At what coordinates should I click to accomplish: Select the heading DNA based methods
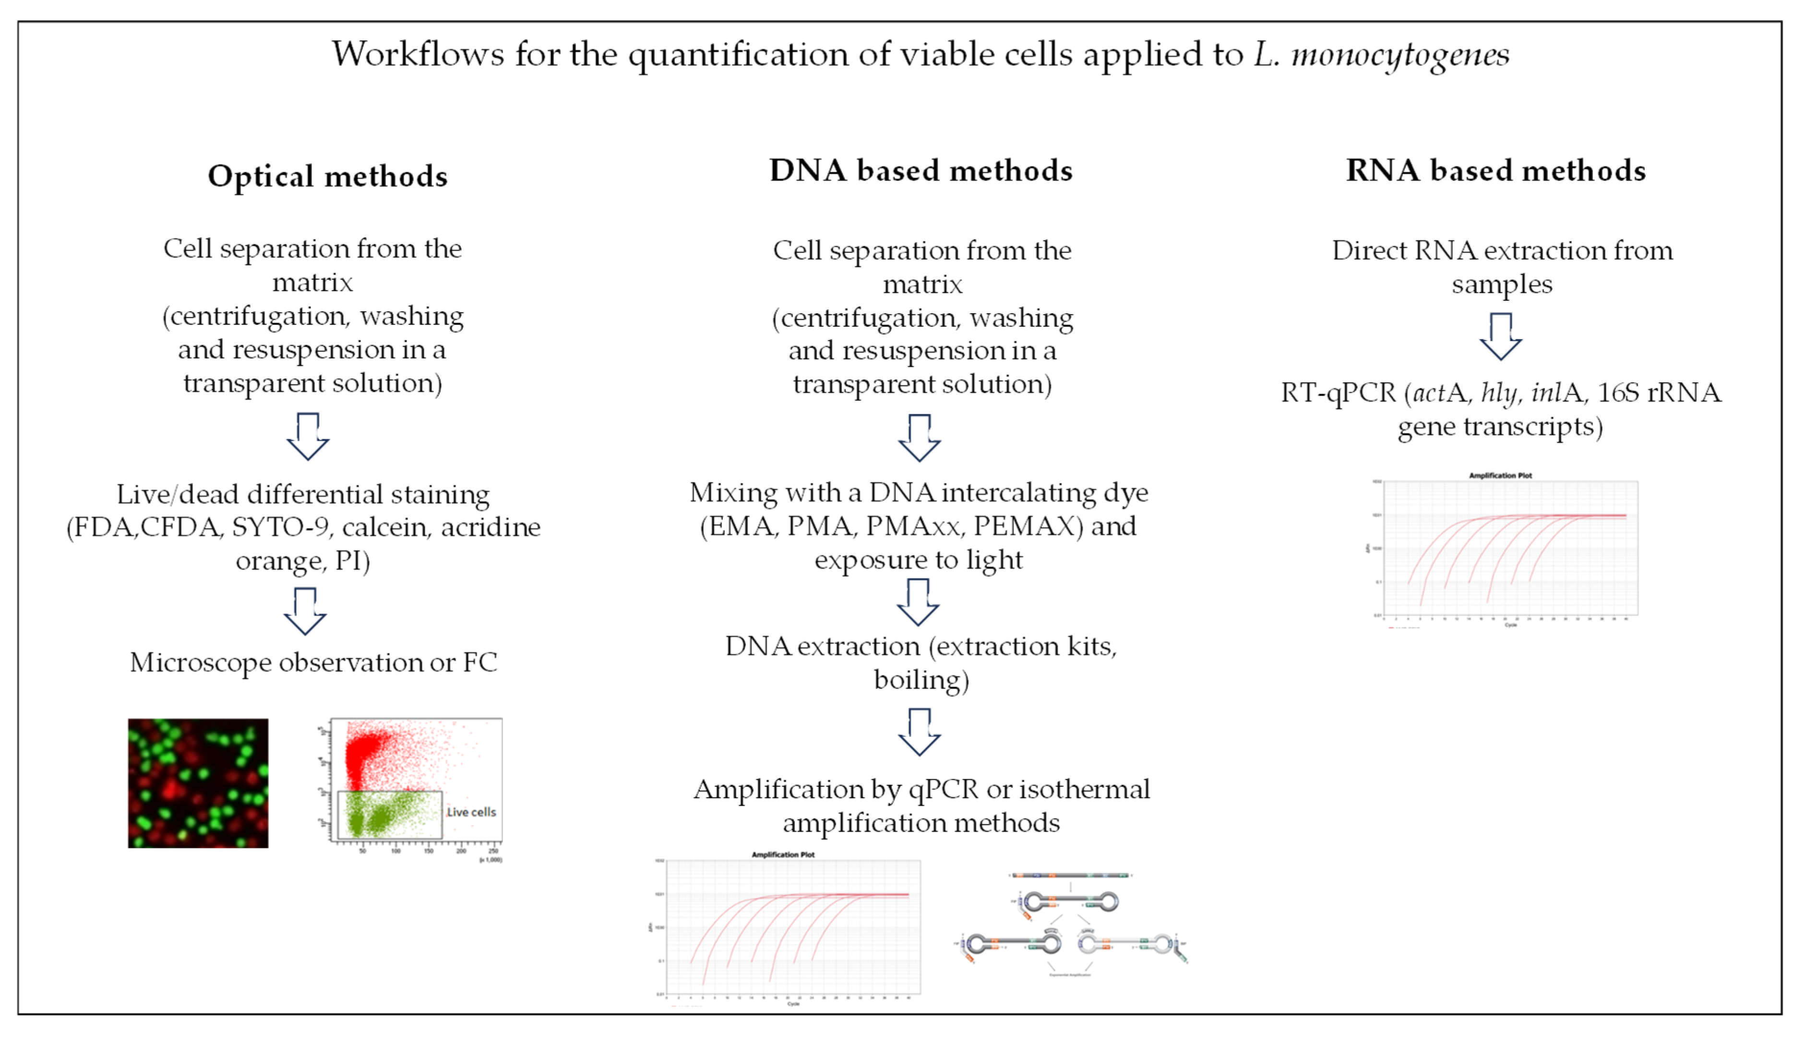coord(921,171)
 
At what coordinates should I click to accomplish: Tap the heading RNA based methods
coord(1496,171)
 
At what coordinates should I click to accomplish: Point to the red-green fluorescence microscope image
coord(198,783)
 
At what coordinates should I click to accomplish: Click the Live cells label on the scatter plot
coord(471,812)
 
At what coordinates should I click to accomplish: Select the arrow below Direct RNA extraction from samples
coord(1500,336)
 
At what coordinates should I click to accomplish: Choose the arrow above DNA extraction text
coord(918,602)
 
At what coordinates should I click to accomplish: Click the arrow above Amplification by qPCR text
coord(920,732)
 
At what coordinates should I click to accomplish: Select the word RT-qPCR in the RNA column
coord(1338,393)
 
